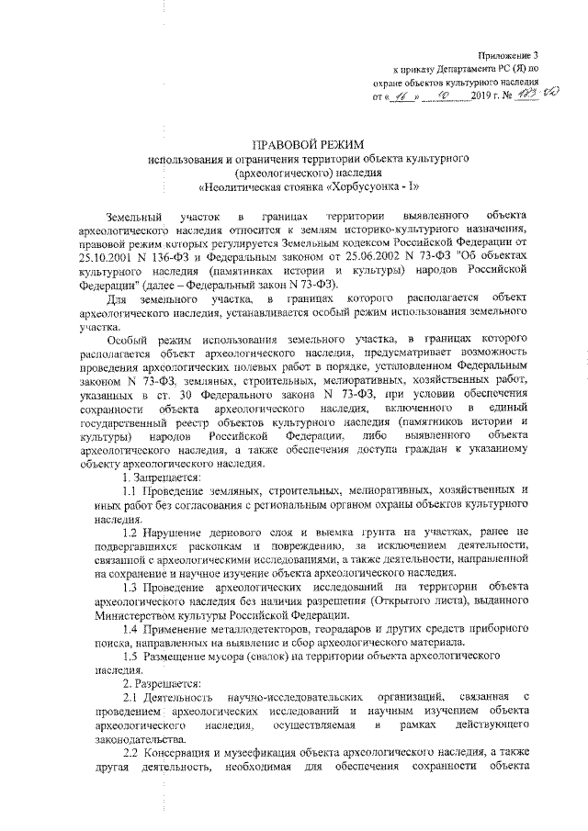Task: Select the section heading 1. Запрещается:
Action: pos(163,479)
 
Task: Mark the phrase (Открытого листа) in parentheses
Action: pos(413,600)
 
